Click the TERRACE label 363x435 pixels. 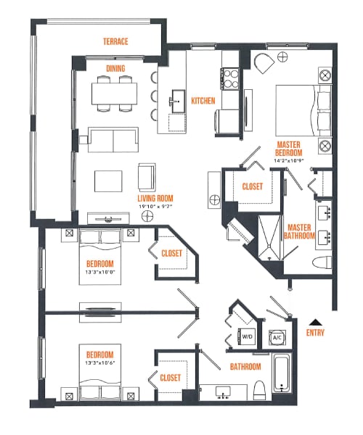115,42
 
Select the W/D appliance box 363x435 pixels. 247,336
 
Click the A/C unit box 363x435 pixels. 277,336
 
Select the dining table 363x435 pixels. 115,92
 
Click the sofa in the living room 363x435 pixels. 113,138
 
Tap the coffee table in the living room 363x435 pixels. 109,180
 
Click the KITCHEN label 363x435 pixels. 203,101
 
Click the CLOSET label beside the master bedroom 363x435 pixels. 252,186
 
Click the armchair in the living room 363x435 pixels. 147,175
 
